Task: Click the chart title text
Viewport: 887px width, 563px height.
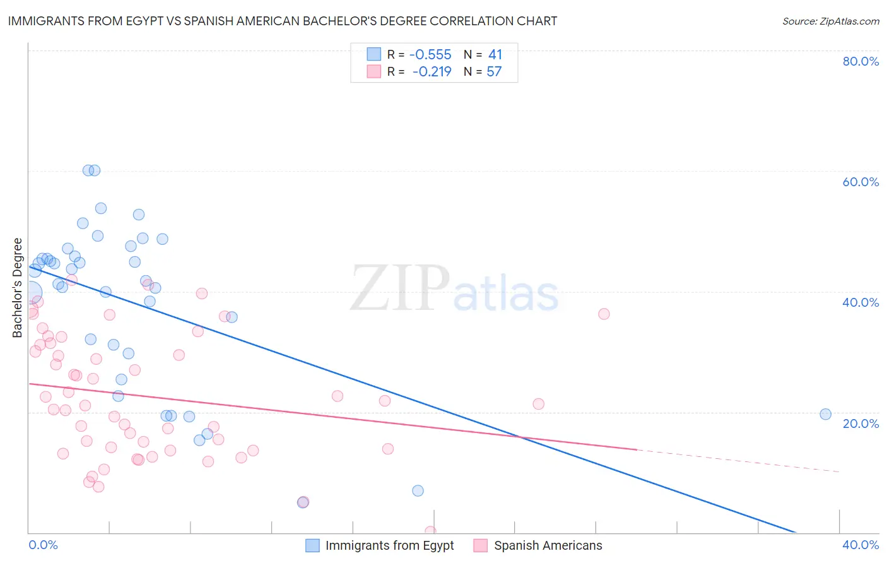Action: [282, 21]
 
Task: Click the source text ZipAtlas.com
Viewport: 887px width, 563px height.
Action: [830, 21]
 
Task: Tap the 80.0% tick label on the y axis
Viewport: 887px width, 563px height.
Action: [861, 61]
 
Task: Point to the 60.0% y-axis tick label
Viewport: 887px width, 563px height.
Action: [861, 182]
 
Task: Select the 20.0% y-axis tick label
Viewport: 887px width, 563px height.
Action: [861, 423]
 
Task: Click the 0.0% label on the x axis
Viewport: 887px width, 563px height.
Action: [43, 545]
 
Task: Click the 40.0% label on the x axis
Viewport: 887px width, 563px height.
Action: [861, 545]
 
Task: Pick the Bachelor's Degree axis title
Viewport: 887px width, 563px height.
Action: [18, 287]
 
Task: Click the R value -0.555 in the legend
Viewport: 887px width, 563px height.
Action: [430, 54]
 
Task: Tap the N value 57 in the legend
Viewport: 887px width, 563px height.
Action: [494, 71]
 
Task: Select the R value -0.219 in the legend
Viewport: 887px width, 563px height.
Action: [432, 71]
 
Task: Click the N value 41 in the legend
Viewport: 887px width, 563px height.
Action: [495, 54]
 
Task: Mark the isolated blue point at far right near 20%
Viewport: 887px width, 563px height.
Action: [825, 414]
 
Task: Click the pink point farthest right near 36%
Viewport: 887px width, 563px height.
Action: [604, 314]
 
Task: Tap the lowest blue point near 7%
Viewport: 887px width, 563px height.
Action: [418, 490]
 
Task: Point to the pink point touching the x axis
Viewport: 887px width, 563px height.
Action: [430, 531]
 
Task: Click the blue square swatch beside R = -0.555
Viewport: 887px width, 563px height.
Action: [374, 54]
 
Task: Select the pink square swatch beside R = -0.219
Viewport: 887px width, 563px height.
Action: [374, 71]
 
